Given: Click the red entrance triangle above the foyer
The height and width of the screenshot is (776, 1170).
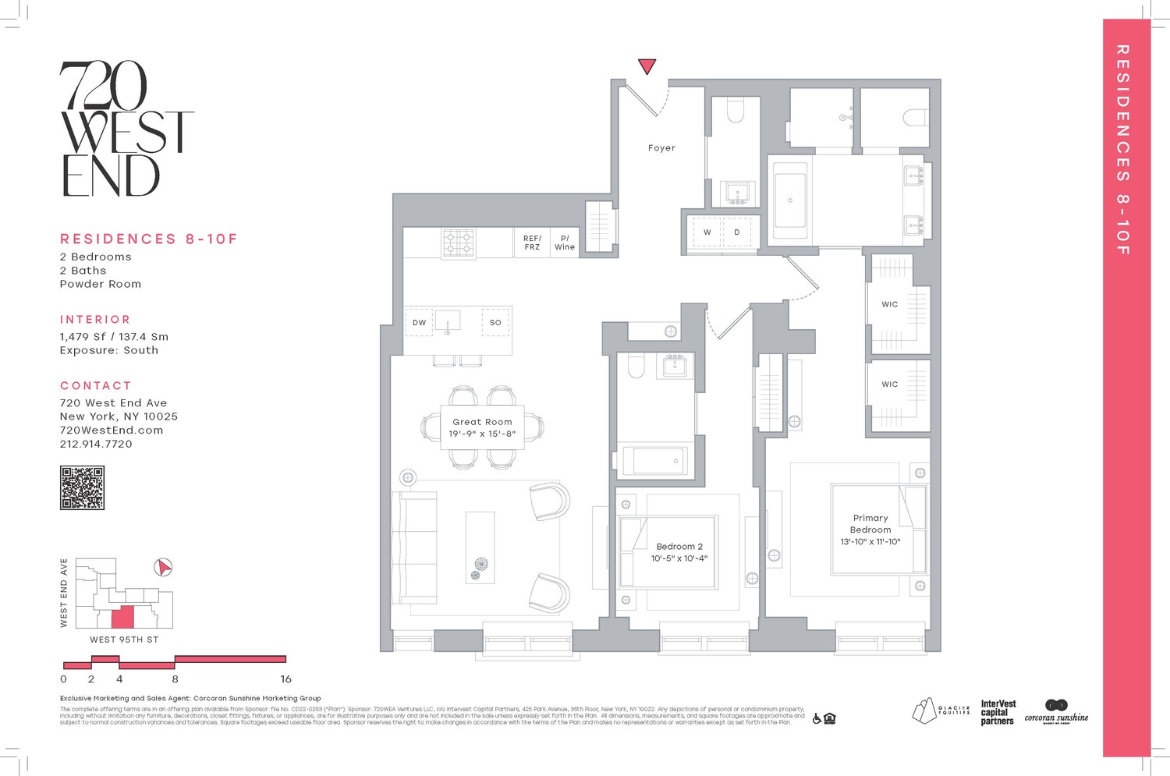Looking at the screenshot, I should coord(647,66).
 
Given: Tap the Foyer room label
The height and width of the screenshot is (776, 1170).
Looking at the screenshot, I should coord(661,147).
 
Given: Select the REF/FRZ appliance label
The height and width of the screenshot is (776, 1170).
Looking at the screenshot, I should coord(532,243).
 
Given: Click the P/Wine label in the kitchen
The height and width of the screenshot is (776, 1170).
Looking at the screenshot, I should coord(565,243).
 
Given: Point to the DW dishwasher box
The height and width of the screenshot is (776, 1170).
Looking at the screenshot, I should coord(419,322).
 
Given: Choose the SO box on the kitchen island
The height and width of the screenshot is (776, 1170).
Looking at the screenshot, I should coord(495,322).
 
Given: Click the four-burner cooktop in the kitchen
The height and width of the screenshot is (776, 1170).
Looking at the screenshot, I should coord(459,243).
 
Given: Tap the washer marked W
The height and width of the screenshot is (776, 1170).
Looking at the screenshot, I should coord(707,232).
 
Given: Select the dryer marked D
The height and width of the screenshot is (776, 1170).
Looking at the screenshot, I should coord(737,232).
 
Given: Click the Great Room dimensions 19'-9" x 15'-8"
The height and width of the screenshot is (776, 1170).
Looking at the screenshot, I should coord(482,434).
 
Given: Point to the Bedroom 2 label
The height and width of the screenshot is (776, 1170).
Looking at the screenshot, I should coord(679,547).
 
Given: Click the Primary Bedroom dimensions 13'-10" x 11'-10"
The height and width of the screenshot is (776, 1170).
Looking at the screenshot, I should coord(870,541).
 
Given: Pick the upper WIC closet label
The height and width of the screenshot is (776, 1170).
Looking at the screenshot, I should coord(890,304).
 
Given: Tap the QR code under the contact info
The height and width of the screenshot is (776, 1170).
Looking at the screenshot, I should coord(82,488).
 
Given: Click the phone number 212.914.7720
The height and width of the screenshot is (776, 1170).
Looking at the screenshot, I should coord(96,444).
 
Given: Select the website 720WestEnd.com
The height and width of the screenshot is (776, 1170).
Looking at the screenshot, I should coord(112,430).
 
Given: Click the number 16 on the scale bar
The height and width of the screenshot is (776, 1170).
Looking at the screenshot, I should coord(285,679).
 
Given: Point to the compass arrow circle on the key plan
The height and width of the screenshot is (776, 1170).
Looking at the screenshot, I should coord(163,567).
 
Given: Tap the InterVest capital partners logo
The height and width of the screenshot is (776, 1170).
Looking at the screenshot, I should coord(998,713).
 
